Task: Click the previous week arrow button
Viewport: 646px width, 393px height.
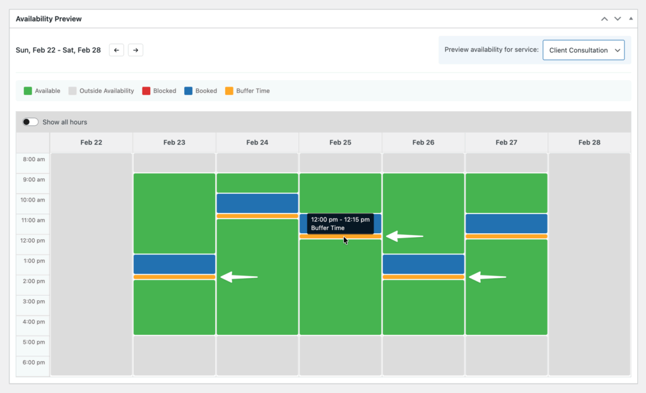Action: (x=116, y=50)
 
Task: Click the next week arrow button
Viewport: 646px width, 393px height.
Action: (x=136, y=50)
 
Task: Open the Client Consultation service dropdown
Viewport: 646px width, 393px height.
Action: (x=583, y=50)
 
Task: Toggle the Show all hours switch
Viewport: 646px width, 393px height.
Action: (x=30, y=122)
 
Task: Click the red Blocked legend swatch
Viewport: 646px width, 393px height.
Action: (x=146, y=91)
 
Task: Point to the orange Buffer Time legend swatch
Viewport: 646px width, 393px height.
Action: (x=229, y=91)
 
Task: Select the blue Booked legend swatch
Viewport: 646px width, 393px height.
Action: (x=188, y=91)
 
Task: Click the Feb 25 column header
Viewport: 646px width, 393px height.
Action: (x=340, y=143)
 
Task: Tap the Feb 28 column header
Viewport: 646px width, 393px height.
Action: (x=589, y=143)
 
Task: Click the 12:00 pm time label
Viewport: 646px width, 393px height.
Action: (x=33, y=241)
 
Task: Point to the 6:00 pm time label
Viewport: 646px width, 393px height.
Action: (x=33, y=363)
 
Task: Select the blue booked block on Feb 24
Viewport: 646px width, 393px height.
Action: (x=257, y=203)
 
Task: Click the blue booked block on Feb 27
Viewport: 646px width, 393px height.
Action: (x=506, y=224)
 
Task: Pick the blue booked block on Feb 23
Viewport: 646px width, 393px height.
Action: (x=174, y=264)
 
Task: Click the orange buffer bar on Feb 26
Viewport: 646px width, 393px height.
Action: (x=423, y=277)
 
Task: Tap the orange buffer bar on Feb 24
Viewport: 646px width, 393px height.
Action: (x=257, y=216)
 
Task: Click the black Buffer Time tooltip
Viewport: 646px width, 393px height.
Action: (x=340, y=224)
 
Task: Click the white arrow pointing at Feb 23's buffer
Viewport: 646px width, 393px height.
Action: (x=239, y=277)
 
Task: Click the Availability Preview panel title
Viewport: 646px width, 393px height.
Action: (x=49, y=19)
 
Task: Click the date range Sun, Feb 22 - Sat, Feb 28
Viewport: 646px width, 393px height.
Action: (x=58, y=50)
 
